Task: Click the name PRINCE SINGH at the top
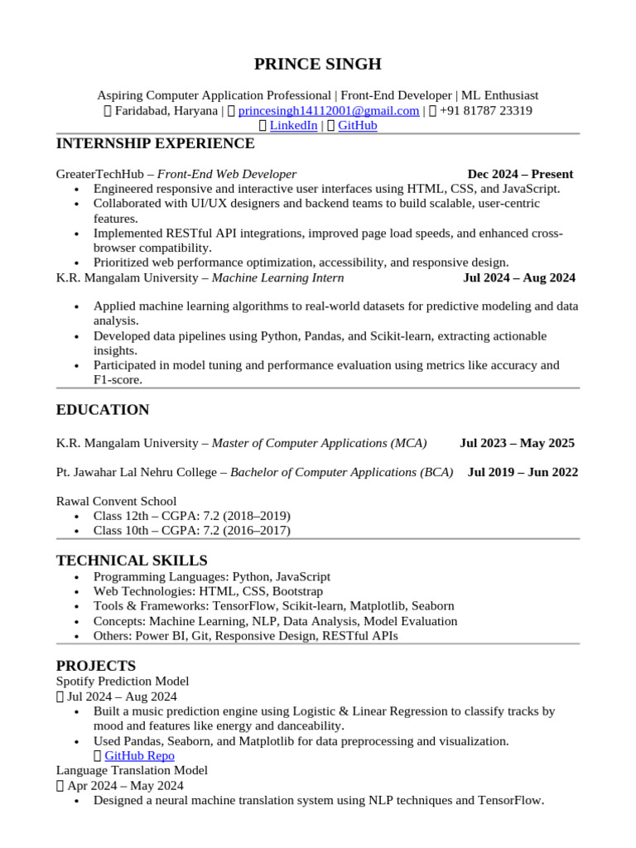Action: pyautogui.click(x=318, y=64)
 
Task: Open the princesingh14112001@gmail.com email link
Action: pyautogui.click(x=329, y=111)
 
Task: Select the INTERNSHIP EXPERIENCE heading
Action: pyautogui.click(x=155, y=144)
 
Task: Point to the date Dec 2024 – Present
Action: pyautogui.click(x=520, y=174)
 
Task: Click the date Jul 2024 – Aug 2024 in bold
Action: pyautogui.click(x=519, y=277)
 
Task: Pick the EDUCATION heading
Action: pyautogui.click(x=103, y=410)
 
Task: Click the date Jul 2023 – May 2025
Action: pyautogui.click(x=517, y=443)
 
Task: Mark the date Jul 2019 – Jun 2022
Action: pyautogui.click(x=523, y=472)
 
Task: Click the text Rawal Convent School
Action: pyautogui.click(x=116, y=501)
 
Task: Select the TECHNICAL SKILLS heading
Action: pyautogui.click(x=132, y=561)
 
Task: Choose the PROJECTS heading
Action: pyautogui.click(x=96, y=666)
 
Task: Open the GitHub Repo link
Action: pyautogui.click(x=139, y=755)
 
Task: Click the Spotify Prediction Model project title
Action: pyautogui.click(x=123, y=681)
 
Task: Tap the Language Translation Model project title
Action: pyautogui.click(x=132, y=770)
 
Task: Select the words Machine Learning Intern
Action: pyautogui.click(x=277, y=277)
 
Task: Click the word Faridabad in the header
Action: pyautogui.click(x=139, y=111)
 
